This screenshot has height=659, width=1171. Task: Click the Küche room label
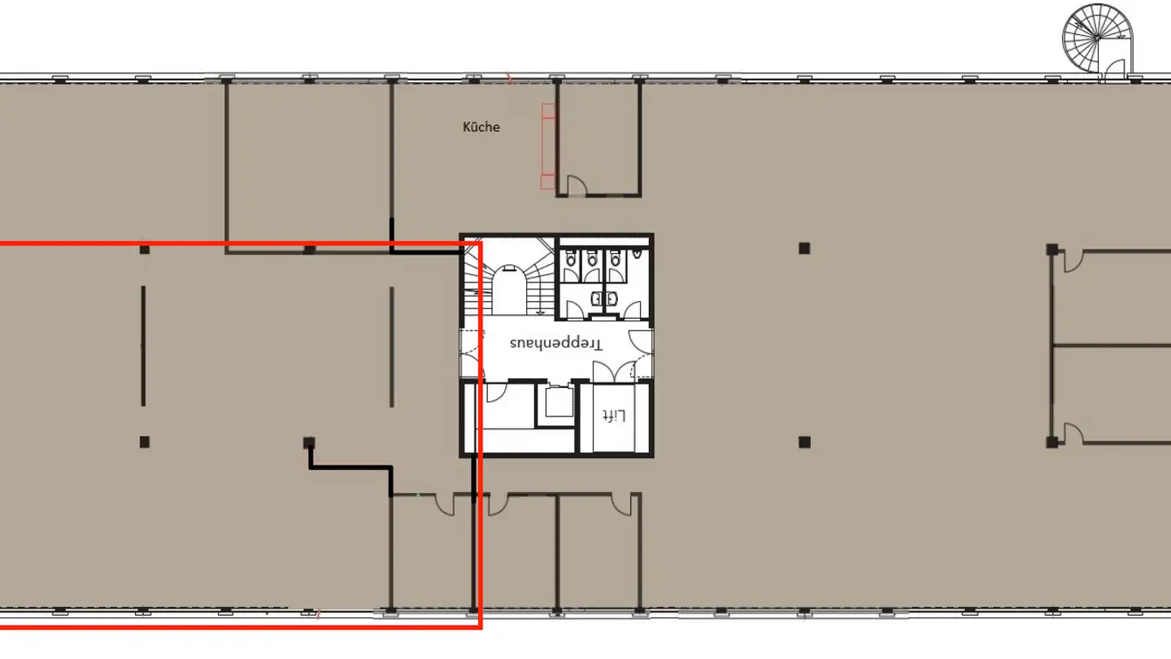[x=481, y=127]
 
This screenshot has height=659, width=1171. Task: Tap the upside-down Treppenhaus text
[x=556, y=343]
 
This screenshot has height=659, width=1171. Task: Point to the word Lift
[x=614, y=416]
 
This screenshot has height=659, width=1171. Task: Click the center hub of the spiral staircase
[x=1097, y=38]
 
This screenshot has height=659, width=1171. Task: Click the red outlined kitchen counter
[x=548, y=146]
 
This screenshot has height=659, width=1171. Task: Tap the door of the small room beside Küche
[x=577, y=185]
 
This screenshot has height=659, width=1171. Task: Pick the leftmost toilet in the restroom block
[x=570, y=259]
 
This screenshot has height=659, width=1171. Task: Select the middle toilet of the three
[x=592, y=259]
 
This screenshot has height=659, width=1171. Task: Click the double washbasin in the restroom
[x=604, y=299]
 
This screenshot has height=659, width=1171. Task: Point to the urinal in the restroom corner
[x=638, y=255]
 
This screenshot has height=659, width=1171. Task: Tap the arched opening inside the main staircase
[x=510, y=290]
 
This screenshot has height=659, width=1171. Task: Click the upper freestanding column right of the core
[x=804, y=248]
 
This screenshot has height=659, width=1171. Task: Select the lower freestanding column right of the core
[x=804, y=443]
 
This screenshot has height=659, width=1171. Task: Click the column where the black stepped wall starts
[x=309, y=443]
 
